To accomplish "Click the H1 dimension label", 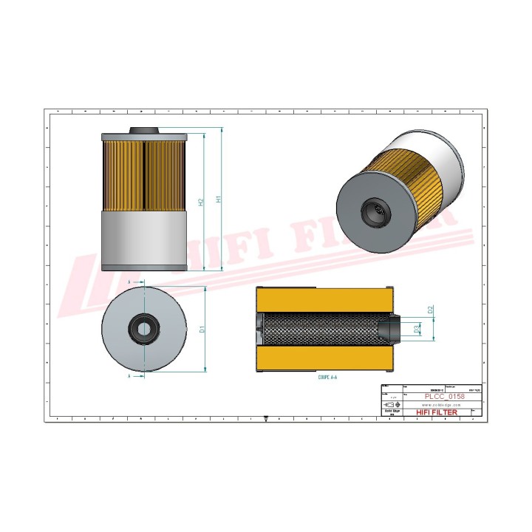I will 219,199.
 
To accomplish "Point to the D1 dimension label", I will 202,330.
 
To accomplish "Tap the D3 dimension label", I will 418,329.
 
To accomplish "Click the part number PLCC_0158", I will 441,397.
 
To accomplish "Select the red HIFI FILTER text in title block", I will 437,413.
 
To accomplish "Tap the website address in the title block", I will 441,405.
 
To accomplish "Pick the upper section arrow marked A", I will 131,283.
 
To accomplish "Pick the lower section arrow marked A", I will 131,376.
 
